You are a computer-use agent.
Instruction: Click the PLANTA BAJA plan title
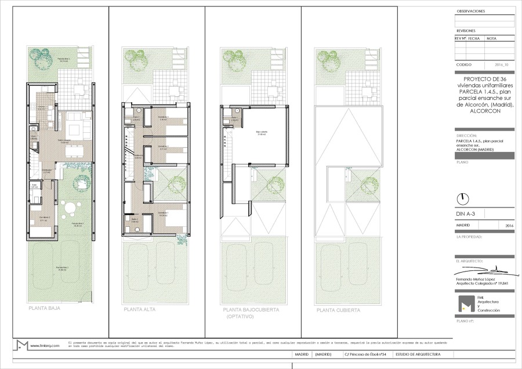coord(45,309)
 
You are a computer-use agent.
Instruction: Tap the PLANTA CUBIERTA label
coord(338,310)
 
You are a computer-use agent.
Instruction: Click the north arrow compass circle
coord(463,198)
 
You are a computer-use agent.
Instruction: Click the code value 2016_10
coord(502,65)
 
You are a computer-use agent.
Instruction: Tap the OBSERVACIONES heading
coord(471,12)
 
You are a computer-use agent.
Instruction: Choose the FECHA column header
coord(474,38)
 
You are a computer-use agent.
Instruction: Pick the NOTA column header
coord(491,38)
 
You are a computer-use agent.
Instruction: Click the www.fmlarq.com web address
coord(46,346)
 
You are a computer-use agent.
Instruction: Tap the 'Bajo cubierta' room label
coord(262,133)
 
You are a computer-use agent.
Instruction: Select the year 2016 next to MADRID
coord(509,225)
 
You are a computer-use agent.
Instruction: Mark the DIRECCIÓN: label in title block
coord(467,135)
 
